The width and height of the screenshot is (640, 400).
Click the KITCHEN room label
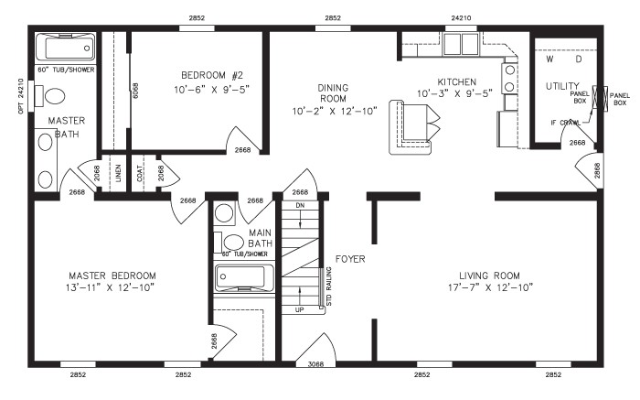[x=454, y=81]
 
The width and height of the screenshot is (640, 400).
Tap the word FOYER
[x=349, y=259]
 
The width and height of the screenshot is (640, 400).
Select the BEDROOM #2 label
[x=197, y=76]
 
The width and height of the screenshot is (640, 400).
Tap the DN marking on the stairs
[x=299, y=205]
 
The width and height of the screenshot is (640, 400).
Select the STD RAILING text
[x=328, y=286]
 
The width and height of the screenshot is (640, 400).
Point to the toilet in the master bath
[x=55, y=96]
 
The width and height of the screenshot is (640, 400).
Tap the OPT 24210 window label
[x=20, y=95]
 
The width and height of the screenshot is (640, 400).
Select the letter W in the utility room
[x=549, y=58]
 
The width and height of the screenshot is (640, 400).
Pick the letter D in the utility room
[x=578, y=58]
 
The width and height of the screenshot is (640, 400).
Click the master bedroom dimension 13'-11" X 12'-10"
[x=112, y=287]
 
